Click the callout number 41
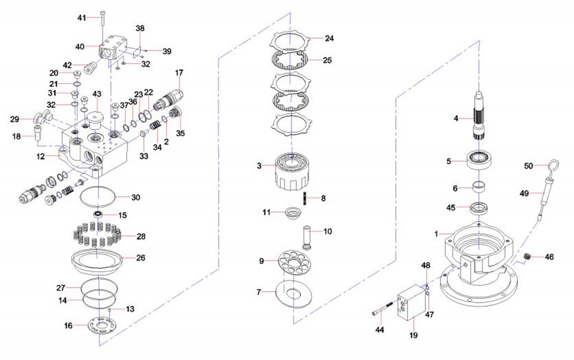[81, 18]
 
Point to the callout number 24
[329, 38]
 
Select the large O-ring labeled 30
[99, 195]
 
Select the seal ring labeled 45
[481, 208]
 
